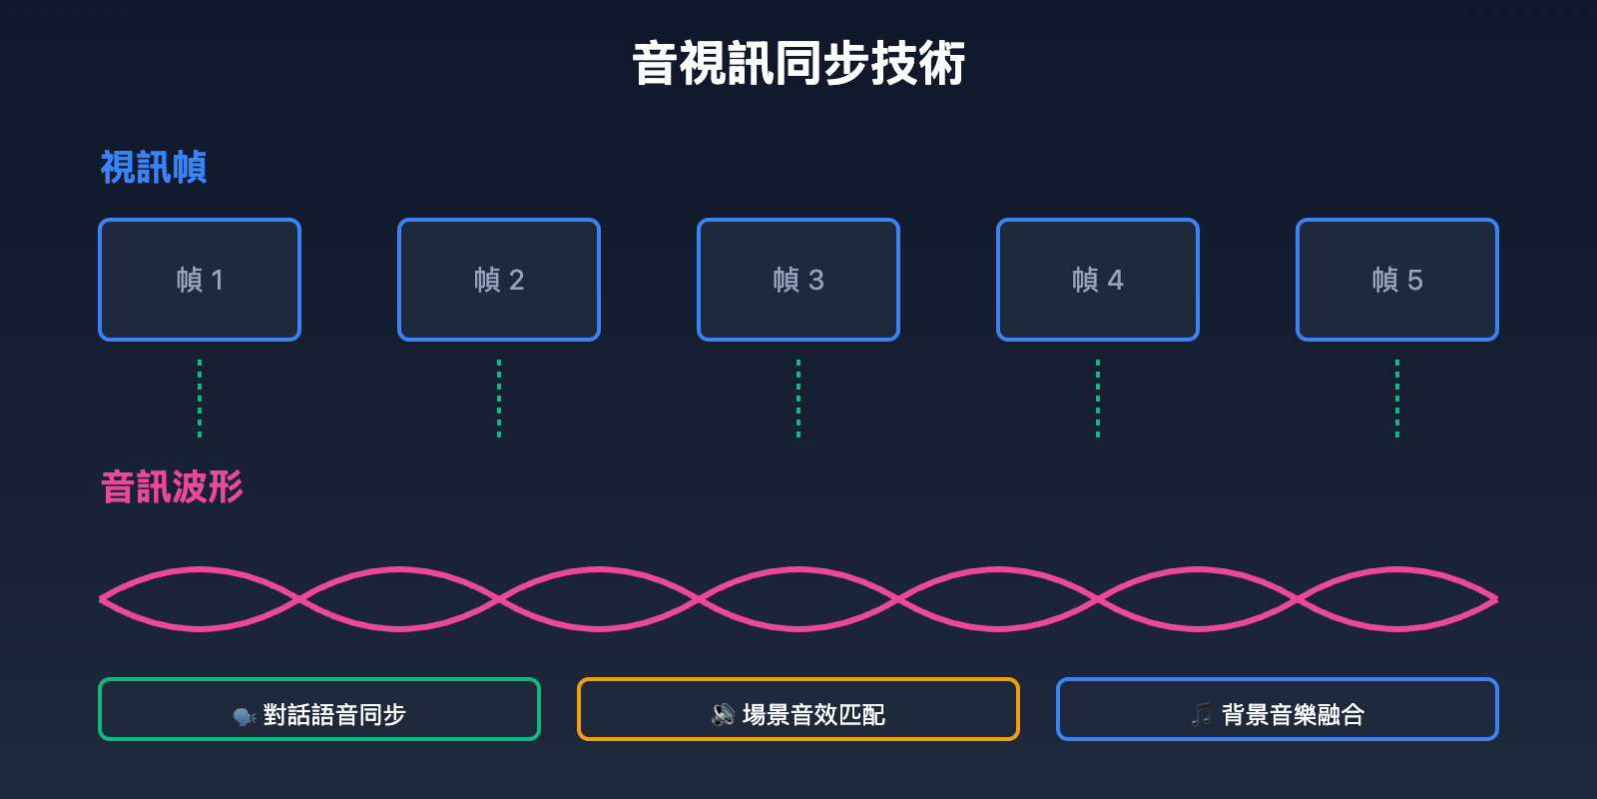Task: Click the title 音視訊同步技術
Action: (798, 64)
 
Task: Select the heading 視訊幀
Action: (154, 168)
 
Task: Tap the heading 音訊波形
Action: (172, 487)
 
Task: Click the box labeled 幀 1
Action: (200, 280)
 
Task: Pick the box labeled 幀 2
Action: (499, 280)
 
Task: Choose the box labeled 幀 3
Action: (798, 280)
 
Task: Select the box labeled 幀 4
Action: (1098, 280)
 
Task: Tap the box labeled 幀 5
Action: (1397, 280)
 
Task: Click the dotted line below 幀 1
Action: (200, 399)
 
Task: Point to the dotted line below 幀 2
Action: (499, 399)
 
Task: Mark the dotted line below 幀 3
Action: (798, 399)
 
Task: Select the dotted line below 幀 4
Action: (1098, 399)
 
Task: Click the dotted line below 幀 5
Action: (1397, 399)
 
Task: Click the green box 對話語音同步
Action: (319, 709)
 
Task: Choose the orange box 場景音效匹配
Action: (798, 709)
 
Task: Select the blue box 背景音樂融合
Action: (1278, 709)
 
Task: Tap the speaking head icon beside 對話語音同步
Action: (245, 716)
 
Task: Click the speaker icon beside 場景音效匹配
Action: (724, 715)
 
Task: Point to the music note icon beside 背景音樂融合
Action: (1202, 714)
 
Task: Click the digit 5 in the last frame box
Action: (1414, 281)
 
